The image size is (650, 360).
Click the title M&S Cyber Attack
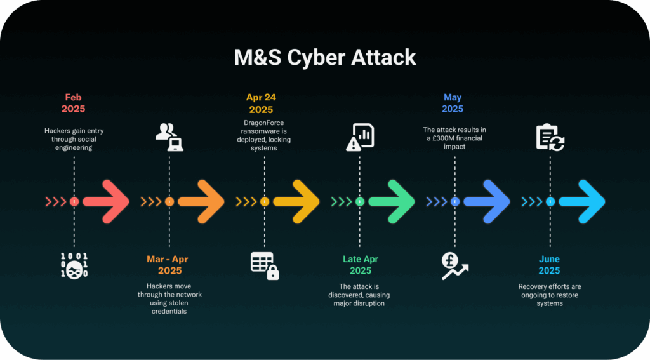324,57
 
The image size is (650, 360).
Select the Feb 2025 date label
74,103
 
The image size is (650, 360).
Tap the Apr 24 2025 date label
261,103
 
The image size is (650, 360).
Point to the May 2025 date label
452,103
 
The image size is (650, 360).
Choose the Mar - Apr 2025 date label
168,265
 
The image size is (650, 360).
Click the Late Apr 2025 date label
361,265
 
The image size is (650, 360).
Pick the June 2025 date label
549,265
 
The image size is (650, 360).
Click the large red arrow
107,202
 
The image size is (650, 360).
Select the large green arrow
392,202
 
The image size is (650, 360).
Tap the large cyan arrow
583,202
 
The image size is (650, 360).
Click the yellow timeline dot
265,201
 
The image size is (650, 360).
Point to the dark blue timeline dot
454,201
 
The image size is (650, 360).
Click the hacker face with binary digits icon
74,265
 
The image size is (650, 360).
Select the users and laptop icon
169,137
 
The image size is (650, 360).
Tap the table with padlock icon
265,266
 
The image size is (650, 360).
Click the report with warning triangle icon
360,137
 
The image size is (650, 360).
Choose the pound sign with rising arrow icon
454,266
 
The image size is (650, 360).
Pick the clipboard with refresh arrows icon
550,137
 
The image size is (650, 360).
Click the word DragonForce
263,123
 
